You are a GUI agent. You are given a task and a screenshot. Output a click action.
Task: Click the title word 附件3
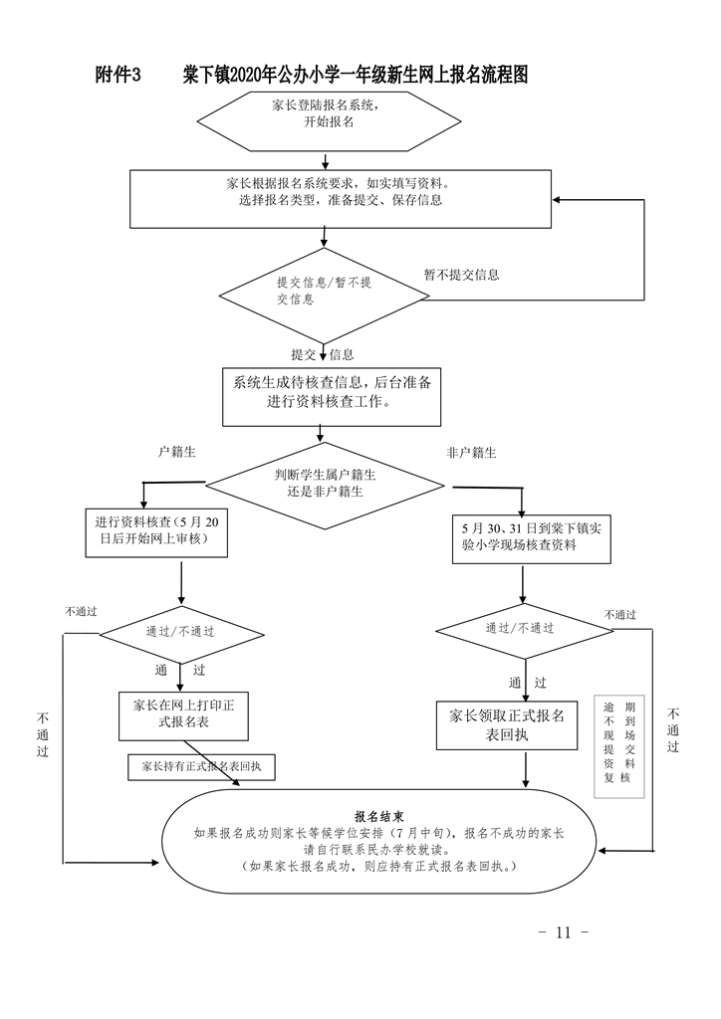coord(120,76)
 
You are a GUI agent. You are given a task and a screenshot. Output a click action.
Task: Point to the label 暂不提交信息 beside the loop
coord(461,275)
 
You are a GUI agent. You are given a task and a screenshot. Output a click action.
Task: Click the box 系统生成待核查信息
coord(332,393)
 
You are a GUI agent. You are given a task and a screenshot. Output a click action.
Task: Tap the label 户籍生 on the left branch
coord(177,452)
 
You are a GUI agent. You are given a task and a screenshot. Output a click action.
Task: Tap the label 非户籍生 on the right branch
coord(471,453)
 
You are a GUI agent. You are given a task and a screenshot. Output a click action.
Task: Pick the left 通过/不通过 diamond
coord(181,631)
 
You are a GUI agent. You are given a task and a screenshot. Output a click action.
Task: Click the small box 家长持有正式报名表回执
coord(201,767)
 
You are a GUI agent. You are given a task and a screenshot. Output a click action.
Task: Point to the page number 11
coord(564,932)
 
